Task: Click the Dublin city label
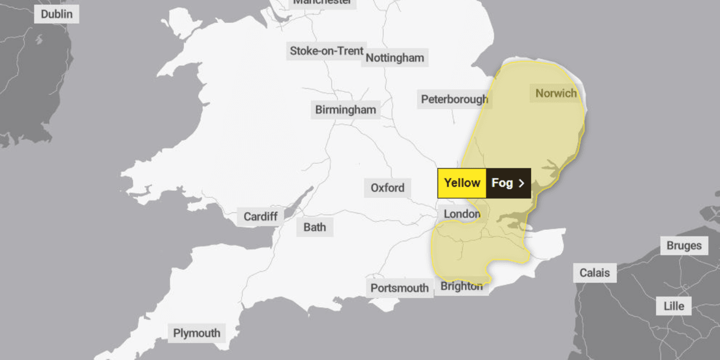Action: point(56,14)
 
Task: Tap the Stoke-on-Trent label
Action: point(326,51)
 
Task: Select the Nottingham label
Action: point(395,58)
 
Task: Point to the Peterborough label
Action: point(454,99)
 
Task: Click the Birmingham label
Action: point(346,110)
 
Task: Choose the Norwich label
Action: point(556,93)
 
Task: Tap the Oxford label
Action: point(387,188)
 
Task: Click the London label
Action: point(462,214)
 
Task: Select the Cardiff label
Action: point(260,217)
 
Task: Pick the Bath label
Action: point(314,227)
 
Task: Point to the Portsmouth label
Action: point(400,288)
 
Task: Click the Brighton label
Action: point(461,286)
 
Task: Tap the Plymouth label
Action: point(197,333)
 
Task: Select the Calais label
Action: point(594,273)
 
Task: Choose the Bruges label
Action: point(683,245)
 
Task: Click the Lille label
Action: point(673,305)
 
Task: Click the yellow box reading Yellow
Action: point(462,183)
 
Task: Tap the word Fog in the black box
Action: point(502,183)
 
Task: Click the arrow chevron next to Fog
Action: point(521,184)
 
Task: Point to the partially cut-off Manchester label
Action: point(322,2)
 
